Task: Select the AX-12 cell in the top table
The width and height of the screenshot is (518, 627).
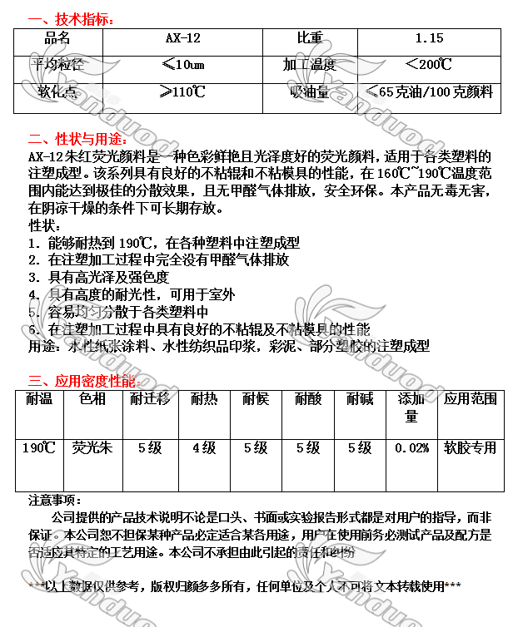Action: [x=183, y=38]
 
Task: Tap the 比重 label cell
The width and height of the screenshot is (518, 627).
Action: [x=310, y=38]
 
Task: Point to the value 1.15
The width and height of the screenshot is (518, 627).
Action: [x=429, y=38]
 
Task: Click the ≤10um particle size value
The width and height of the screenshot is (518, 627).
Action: [x=183, y=64]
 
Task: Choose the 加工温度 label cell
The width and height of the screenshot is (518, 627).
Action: [x=310, y=64]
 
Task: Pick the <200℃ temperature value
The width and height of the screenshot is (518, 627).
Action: [x=429, y=64]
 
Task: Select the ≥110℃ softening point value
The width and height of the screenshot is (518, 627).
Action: [x=183, y=91]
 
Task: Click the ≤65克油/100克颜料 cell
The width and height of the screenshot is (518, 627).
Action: [x=429, y=91]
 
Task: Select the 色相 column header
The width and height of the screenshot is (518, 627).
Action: [x=92, y=399]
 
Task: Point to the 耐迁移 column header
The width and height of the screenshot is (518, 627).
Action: [x=150, y=399]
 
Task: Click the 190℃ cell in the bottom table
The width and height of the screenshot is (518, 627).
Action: [x=38, y=448]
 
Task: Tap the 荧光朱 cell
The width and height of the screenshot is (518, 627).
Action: [x=92, y=448]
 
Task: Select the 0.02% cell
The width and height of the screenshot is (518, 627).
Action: [x=411, y=448]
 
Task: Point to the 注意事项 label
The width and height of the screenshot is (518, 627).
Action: [x=54, y=501]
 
